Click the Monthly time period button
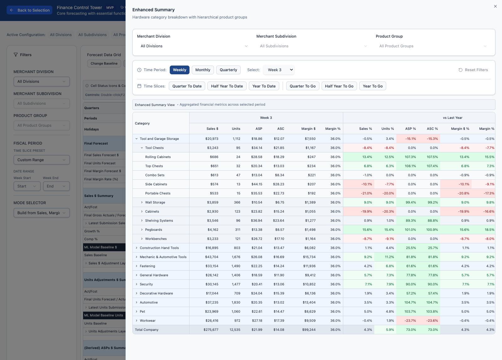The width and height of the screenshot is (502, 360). click(x=203, y=70)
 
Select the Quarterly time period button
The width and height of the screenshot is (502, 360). click(x=228, y=70)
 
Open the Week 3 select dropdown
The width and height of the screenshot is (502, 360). click(x=279, y=70)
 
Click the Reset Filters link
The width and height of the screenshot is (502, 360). click(x=473, y=70)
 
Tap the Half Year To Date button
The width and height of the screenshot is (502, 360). click(x=227, y=86)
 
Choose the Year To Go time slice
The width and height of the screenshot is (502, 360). click(x=372, y=86)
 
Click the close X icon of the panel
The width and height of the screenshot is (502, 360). click(x=495, y=6)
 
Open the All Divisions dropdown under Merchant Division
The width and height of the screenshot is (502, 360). click(x=194, y=46)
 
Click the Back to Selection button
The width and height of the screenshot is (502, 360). click(x=30, y=10)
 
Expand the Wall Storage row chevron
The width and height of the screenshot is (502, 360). click(x=142, y=202)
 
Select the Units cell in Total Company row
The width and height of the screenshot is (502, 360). click(x=235, y=330)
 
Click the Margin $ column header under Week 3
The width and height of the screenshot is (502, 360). click(x=308, y=129)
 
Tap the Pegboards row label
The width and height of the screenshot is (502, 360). click(x=153, y=230)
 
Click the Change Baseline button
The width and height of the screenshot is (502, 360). click(x=104, y=63)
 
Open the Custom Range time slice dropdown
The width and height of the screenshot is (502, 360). click(x=41, y=160)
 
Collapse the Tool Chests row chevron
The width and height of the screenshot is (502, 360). click(x=142, y=148)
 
